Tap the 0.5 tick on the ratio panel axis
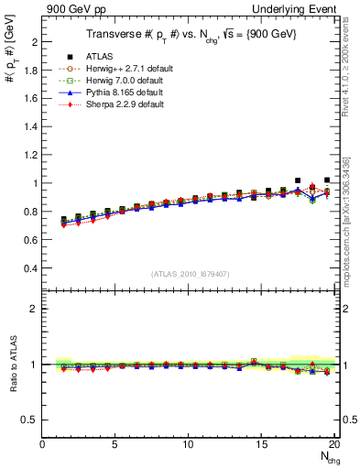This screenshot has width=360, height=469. coord(32,420)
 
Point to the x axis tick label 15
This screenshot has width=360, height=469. coord(261,445)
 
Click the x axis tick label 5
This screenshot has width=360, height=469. coord(115,445)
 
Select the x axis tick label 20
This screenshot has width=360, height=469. coord(334,445)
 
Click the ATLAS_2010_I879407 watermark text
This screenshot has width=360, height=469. coord(190,273)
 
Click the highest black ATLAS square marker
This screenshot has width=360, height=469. coord(298,180)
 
